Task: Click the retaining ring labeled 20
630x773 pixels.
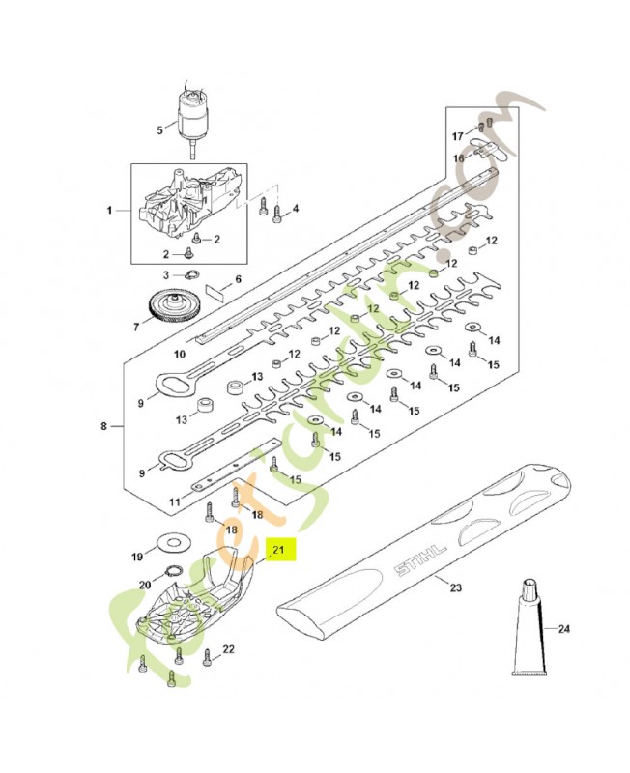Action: (174, 572)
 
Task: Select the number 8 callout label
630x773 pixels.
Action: (104, 424)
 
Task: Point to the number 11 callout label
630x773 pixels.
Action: (174, 501)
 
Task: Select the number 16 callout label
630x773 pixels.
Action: (460, 157)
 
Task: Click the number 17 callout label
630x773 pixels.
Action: (460, 134)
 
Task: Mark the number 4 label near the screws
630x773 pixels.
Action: (296, 209)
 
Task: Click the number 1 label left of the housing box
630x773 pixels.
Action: (110, 210)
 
